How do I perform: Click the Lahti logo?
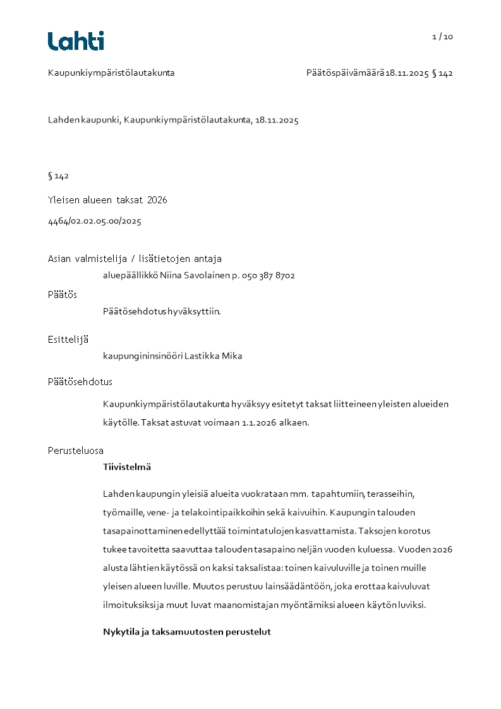(x=76, y=41)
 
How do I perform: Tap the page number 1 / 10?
(x=442, y=37)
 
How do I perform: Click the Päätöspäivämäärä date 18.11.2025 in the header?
(x=407, y=73)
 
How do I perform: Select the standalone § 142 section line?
(x=58, y=176)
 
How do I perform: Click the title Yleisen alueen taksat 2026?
(x=107, y=200)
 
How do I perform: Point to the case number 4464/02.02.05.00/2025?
(x=95, y=222)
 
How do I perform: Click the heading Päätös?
(x=63, y=295)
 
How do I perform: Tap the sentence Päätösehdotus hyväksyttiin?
(x=162, y=311)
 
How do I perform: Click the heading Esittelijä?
(x=68, y=340)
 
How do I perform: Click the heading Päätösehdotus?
(x=80, y=382)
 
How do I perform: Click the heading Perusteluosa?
(x=76, y=451)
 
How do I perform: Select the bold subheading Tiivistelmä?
(x=127, y=468)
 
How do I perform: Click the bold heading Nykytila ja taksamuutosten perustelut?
(x=187, y=632)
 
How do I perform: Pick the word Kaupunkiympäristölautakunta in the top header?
(x=111, y=73)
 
